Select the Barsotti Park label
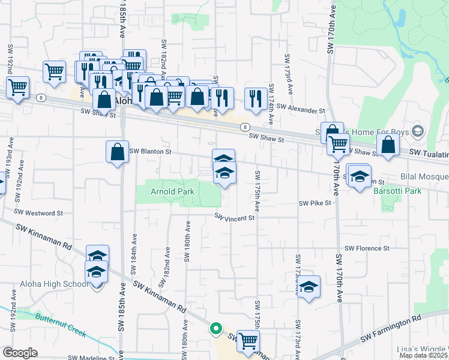[397, 191]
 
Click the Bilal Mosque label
[425, 177]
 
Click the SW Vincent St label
[235, 218]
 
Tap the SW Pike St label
[316, 203]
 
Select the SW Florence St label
[367, 248]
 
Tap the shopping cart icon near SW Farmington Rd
[248, 341]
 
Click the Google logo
[20, 352]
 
